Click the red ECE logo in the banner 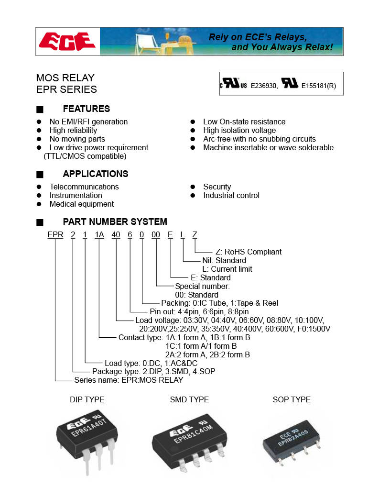67,41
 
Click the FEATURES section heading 86,109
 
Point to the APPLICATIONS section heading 95,174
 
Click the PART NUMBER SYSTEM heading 115,222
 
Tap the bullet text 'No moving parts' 77,139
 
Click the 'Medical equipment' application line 81,204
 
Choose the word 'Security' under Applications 217,187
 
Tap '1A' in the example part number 99,235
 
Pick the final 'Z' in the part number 195,235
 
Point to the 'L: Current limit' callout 227,269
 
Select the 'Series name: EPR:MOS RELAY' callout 129,380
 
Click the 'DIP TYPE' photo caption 87,400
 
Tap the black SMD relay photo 189,440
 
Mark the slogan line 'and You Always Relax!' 282,47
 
